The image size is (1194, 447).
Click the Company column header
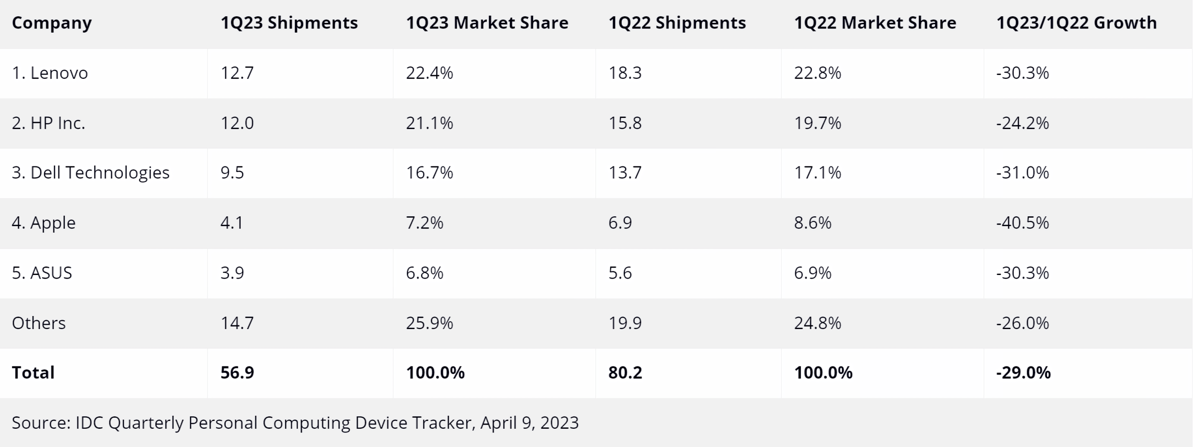tap(52, 23)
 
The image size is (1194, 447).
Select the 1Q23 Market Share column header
tap(487, 23)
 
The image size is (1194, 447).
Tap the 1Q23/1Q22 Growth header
tap(1076, 23)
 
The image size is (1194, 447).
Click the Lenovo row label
tap(50, 73)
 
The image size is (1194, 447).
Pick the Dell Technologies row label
tap(90, 173)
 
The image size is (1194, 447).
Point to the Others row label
tap(39, 323)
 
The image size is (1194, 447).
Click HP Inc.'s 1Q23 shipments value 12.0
tap(237, 123)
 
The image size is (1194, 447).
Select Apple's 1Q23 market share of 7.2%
tap(424, 223)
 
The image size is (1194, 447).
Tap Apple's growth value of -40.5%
tap(1022, 223)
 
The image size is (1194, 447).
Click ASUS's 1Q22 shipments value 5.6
tap(620, 273)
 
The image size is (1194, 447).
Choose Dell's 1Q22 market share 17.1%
tap(818, 173)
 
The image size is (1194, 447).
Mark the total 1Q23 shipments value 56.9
tap(237, 373)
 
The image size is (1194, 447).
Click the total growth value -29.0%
tap(1023, 373)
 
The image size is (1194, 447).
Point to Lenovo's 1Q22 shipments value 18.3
tap(625, 73)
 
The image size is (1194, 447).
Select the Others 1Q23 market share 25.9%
tap(429, 323)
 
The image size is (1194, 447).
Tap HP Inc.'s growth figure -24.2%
tap(1022, 123)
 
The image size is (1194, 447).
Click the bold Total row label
tap(33, 373)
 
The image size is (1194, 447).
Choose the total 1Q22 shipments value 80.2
tap(625, 373)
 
